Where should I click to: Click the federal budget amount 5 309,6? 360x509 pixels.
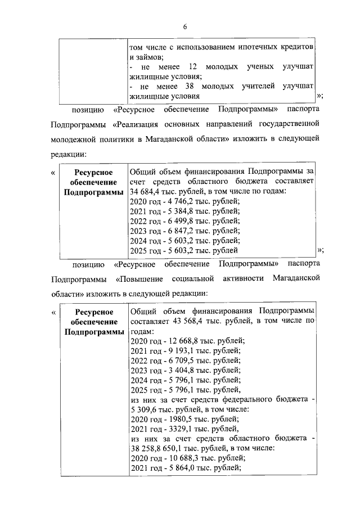(x=146, y=409)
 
